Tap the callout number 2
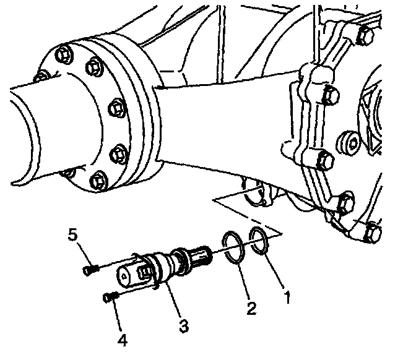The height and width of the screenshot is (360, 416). (x=251, y=307)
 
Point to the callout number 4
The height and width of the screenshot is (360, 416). (x=123, y=340)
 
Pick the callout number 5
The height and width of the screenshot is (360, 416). (x=73, y=236)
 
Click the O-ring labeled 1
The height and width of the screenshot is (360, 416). (x=259, y=242)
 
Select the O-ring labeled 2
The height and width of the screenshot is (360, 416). (x=232, y=249)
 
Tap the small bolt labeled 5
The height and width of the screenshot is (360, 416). (x=89, y=269)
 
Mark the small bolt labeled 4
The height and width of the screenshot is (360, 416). (x=111, y=298)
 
